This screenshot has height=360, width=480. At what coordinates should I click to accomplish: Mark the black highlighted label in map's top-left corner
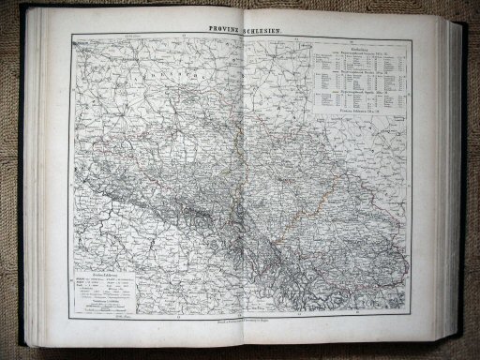tap(82, 41)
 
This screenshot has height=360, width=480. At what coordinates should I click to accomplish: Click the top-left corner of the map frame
tap(71, 35)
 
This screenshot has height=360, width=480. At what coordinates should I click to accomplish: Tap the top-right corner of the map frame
tap(411, 35)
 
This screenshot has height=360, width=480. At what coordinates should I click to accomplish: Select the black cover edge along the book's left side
tap(22, 187)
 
